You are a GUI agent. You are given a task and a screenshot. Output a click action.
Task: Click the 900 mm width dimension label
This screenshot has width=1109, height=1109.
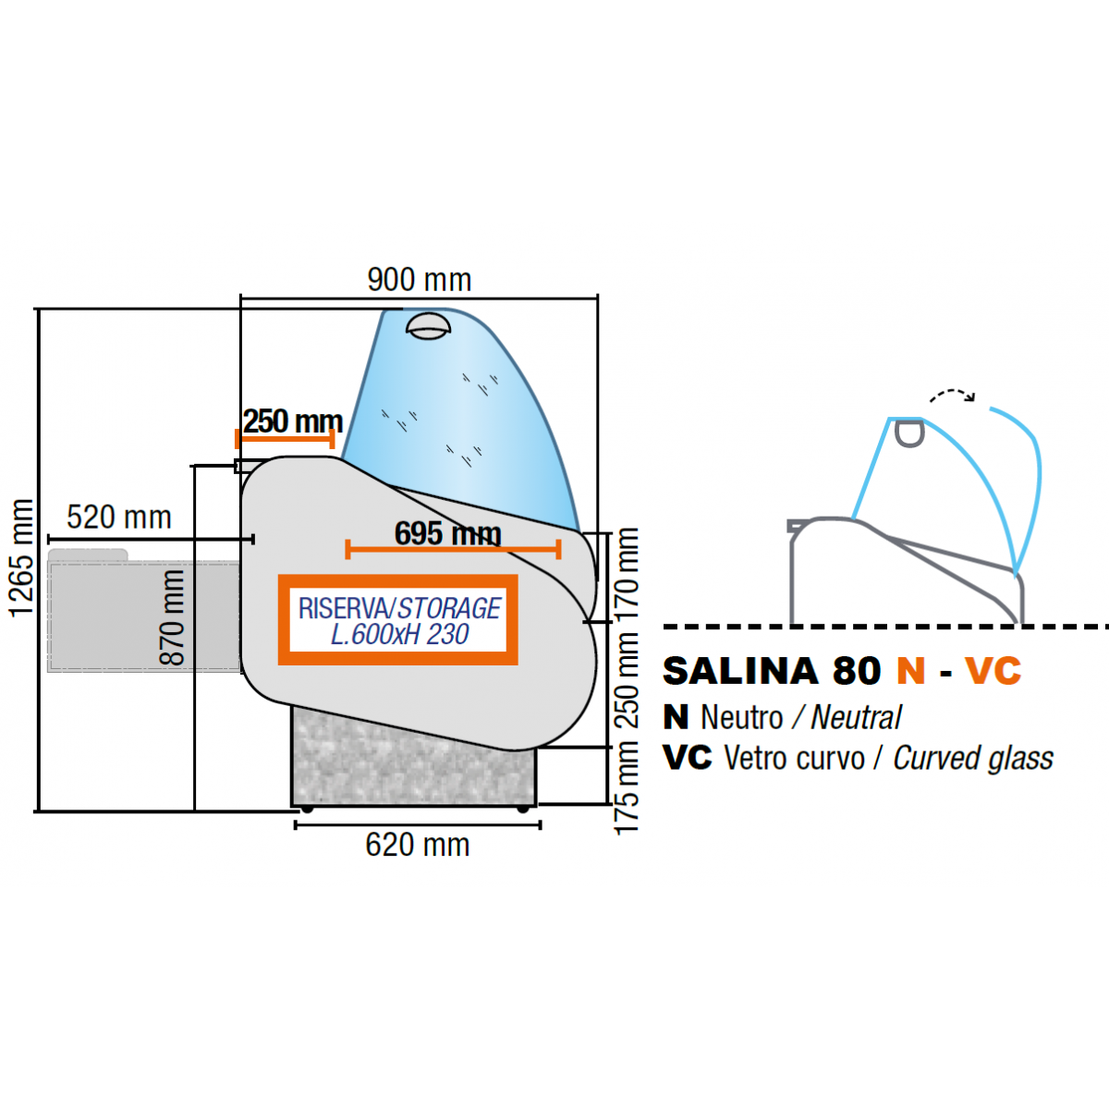pos(420,279)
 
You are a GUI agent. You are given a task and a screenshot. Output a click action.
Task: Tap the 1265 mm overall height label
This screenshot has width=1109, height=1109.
pos(21,557)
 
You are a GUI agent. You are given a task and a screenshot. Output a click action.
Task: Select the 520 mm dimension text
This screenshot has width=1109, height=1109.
pos(119,518)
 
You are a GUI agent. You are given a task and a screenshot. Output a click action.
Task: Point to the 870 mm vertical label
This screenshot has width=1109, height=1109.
pos(172,617)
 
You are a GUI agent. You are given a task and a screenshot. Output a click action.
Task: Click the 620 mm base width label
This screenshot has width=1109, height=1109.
pos(418,845)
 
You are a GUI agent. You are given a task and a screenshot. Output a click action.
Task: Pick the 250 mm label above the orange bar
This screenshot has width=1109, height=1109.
pos(292,421)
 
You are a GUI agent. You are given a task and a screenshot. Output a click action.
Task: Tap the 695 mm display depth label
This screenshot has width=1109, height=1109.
pos(448,533)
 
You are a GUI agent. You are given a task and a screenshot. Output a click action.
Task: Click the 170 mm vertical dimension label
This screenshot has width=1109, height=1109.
pos(628,573)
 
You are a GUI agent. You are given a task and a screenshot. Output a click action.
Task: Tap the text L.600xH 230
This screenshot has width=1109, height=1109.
pos(399,635)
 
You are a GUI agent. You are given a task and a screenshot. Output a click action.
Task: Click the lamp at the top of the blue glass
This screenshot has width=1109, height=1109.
pos(430,325)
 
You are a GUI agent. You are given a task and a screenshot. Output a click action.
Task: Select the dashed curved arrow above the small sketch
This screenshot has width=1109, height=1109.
pos(952,396)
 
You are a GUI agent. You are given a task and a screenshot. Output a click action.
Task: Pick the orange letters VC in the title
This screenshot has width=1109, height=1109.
pos(993,672)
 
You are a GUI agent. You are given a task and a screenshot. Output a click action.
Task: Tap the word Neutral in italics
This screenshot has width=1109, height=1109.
pos(856,717)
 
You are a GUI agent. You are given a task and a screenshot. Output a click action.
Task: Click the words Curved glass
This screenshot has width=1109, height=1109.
pos(973,758)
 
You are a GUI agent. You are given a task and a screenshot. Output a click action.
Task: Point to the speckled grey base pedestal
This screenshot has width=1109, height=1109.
pos(413,767)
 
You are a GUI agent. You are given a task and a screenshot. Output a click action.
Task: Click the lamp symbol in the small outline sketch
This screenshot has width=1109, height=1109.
pos(909,433)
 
